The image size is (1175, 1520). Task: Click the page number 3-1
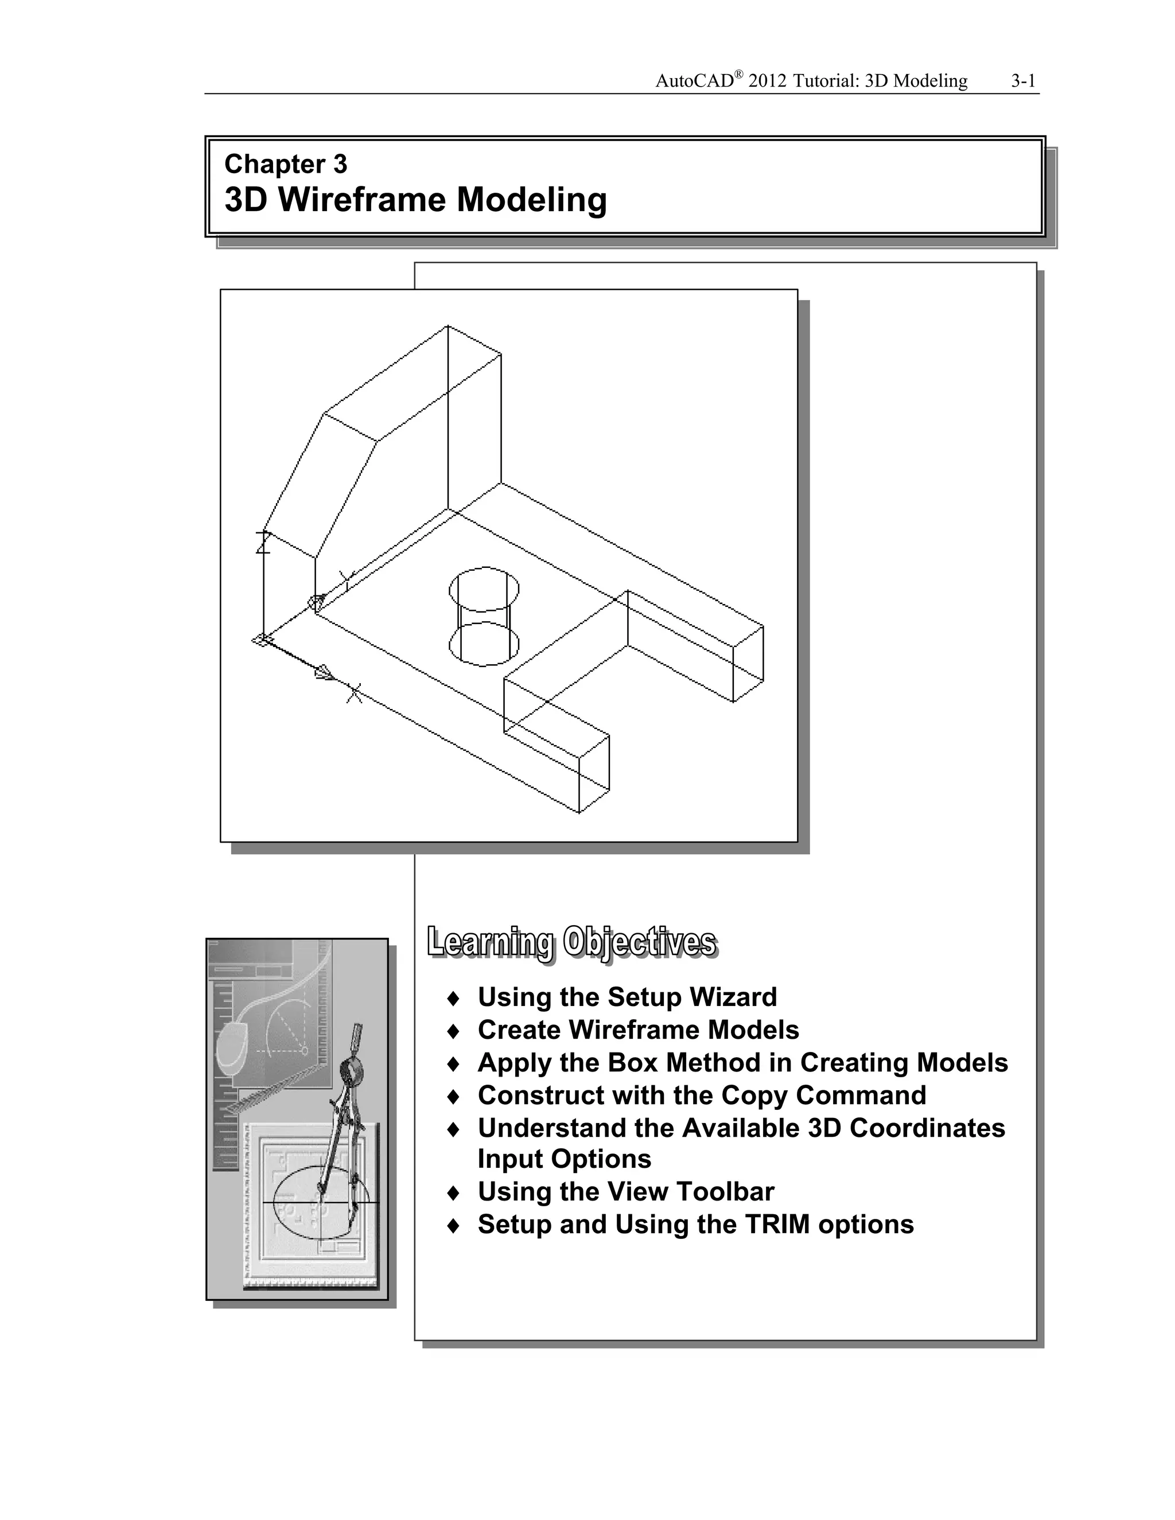(x=1024, y=81)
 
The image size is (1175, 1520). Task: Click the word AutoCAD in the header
(x=695, y=81)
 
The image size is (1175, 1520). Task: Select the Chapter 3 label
(x=285, y=164)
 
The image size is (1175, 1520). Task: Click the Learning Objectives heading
(x=571, y=942)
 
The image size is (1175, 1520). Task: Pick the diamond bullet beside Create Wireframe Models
(x=453, y=1030)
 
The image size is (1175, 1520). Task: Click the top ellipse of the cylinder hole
(x=484, y=589)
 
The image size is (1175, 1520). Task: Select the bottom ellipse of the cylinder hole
(x=484, y=644)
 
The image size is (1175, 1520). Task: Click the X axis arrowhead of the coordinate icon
(x=324, y=672)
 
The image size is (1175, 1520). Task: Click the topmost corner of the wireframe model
(x=448, y=325)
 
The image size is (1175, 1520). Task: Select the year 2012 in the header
(x=768, y=81)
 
